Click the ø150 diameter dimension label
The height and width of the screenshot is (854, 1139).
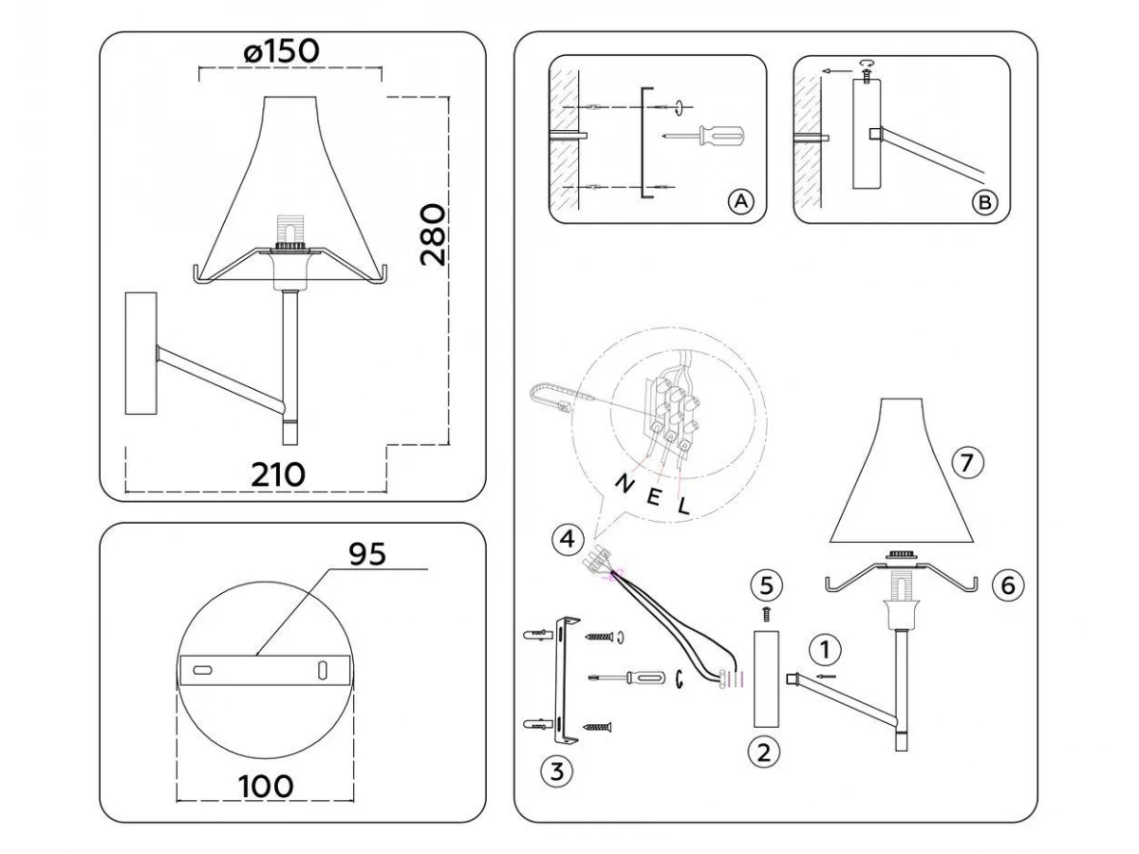281,51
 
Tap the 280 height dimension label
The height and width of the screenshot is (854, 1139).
432,235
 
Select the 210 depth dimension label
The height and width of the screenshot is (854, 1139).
278,474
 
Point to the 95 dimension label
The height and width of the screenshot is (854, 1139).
367,554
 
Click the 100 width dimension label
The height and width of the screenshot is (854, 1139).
266,786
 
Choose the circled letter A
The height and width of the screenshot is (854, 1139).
741,200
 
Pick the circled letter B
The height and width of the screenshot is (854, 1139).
984,202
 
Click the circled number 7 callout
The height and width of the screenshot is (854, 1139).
966,462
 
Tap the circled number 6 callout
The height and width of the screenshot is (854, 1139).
1008,585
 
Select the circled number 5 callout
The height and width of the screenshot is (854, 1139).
766,585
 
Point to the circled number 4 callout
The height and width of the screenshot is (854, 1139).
568,539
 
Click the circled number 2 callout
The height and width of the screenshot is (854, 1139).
764,752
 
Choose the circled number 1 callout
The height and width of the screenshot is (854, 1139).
825,649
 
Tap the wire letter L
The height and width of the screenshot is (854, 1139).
684,506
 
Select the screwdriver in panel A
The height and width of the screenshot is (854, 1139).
703,137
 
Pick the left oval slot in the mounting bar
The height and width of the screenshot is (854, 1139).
202,670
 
